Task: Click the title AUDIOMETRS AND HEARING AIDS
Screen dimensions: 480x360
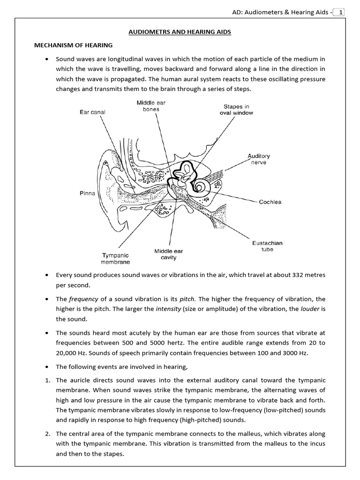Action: pyautogui.click(x=180, y=32)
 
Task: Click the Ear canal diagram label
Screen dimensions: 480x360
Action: pyautogui.click(x=93, y=112)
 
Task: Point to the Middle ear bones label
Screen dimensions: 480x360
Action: pyautogui.click(x=150, y=106)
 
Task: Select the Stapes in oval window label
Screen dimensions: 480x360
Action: pyautogui.click(x=236, y=110)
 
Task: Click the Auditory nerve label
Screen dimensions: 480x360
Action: pyautogui.click(x=259, y=159)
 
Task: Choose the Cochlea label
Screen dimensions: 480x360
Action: pyautogui.click(x=270, y=202)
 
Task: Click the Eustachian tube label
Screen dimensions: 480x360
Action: pyautogui.click(x=267, y=246)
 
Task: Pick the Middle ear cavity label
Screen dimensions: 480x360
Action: pyautogui.click(x=169, y=255)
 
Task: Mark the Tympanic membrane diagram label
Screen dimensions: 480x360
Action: pyautogui.click(x=116, y=259)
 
